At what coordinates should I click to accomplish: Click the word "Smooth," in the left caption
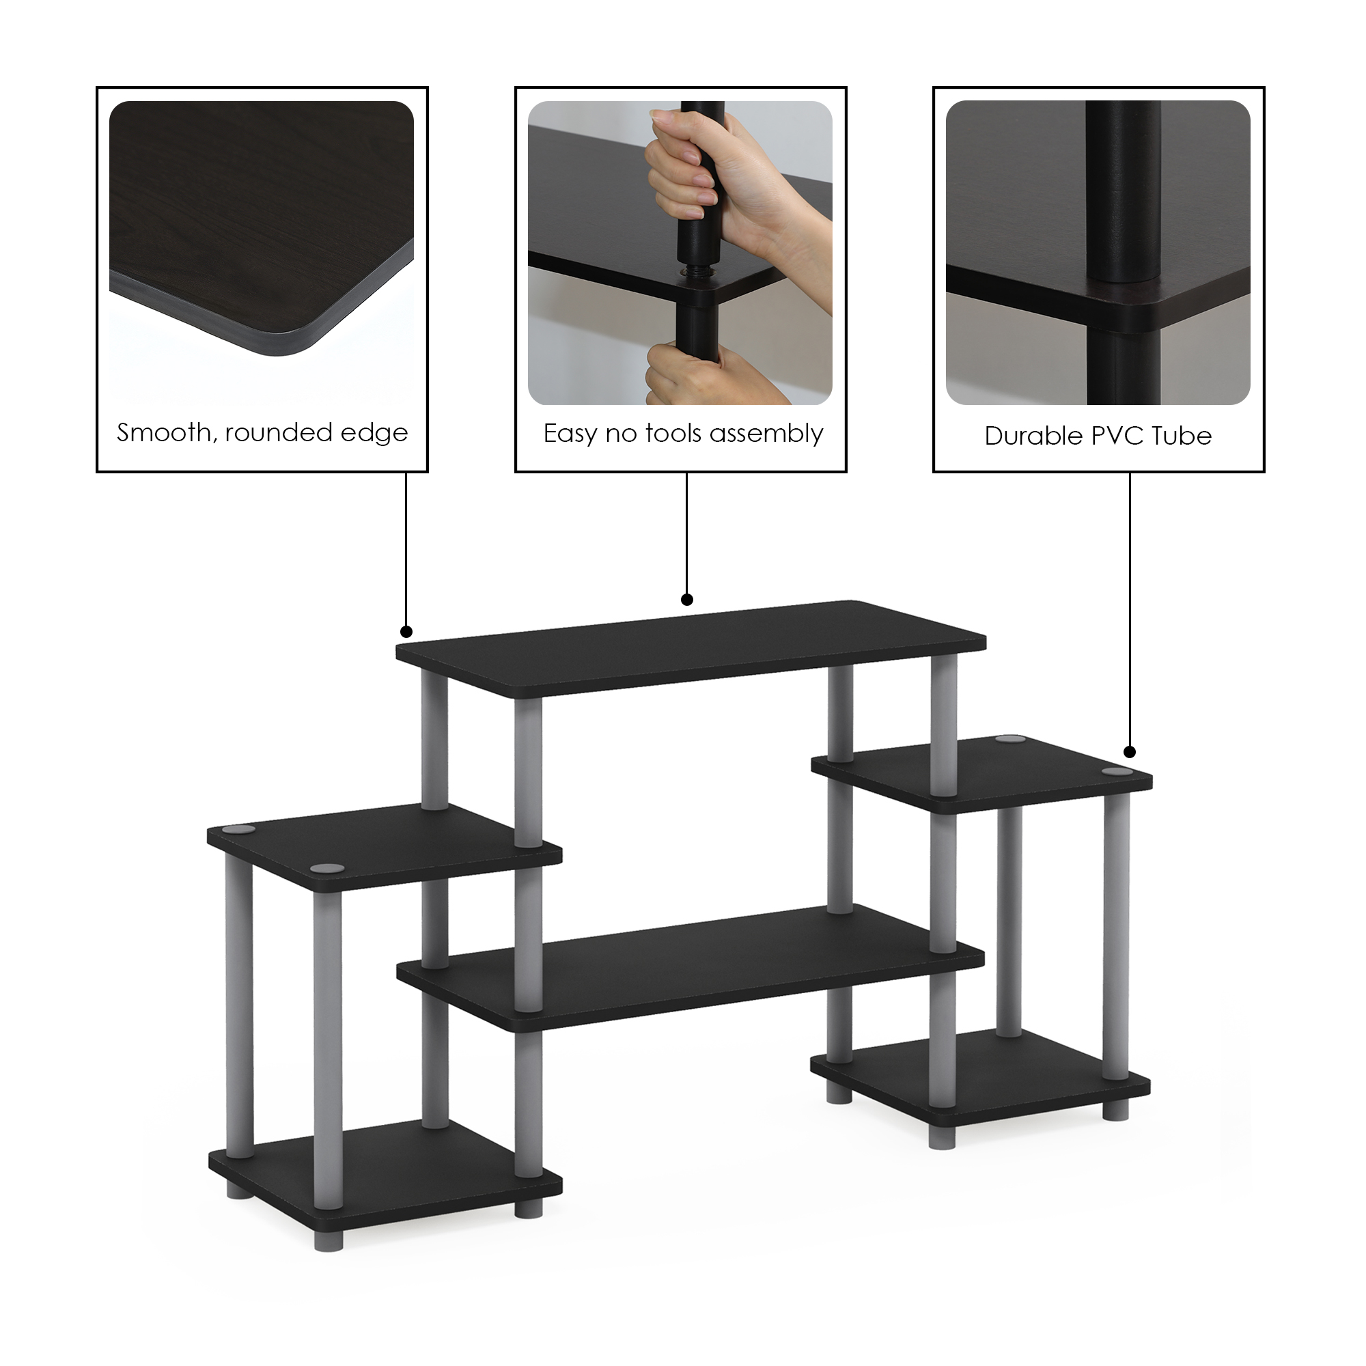click(x=167, y=433)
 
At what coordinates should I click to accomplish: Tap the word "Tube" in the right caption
click(x=1182, y=436)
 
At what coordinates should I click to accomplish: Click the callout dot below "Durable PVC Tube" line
click(x=1130, y=751)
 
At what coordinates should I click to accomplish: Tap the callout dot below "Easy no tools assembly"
click(x=686, y=600)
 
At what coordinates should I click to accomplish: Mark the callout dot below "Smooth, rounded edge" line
click(x=406, y=631)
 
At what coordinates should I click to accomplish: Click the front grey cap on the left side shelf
click(x=327, y=868)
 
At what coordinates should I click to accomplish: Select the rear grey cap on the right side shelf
click(x=1010, y=740)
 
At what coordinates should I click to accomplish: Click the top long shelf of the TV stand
click(x=691, y=648)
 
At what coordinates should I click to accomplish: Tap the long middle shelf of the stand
click(x=691, y=966)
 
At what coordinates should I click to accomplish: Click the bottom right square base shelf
click(x=981, y=1078)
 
